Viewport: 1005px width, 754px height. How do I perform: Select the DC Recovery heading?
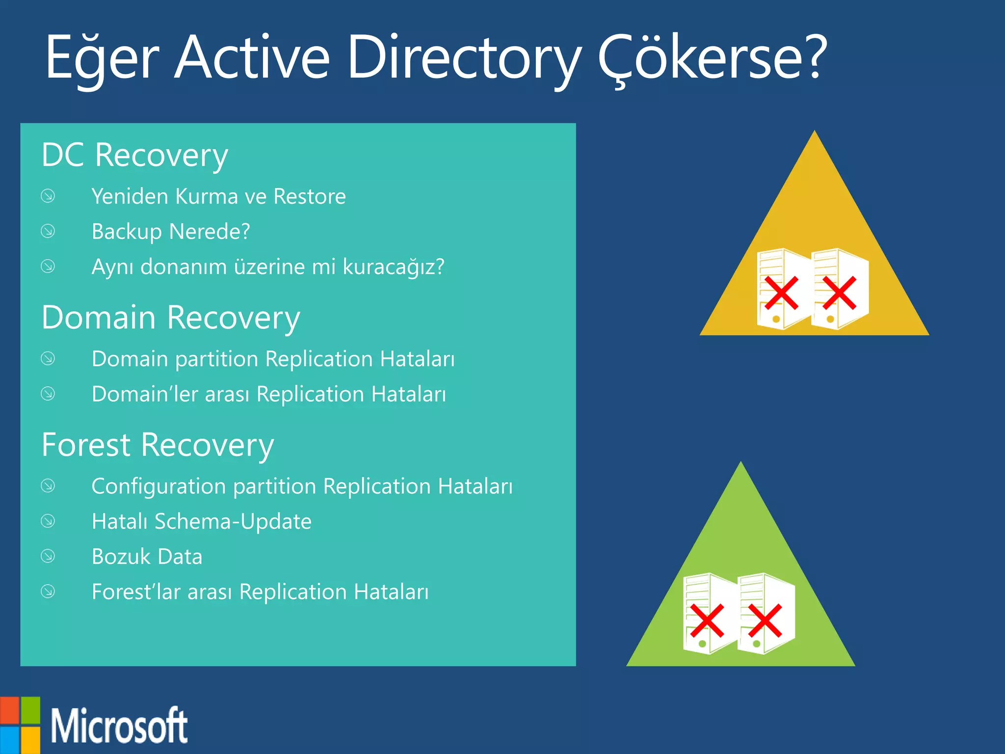tap(134, 156)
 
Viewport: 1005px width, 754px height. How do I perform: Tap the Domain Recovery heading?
tap(170, 318)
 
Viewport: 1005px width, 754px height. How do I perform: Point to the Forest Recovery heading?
tap(158, 445)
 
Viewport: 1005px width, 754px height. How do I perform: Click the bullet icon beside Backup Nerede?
tap(48, 231)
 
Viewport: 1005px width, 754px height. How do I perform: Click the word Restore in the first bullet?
tap(310, 196)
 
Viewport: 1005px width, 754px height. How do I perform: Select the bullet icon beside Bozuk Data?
tap(48, 556)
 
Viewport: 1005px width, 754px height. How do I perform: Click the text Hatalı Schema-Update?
tap(201, 521)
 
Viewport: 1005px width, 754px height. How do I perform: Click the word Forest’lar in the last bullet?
tap(136, 592)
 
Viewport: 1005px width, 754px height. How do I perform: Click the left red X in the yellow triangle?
tap(781, 293)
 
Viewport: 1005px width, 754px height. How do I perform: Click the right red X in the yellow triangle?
tap(839, 293)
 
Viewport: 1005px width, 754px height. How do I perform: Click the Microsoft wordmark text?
tap(119, 726)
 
